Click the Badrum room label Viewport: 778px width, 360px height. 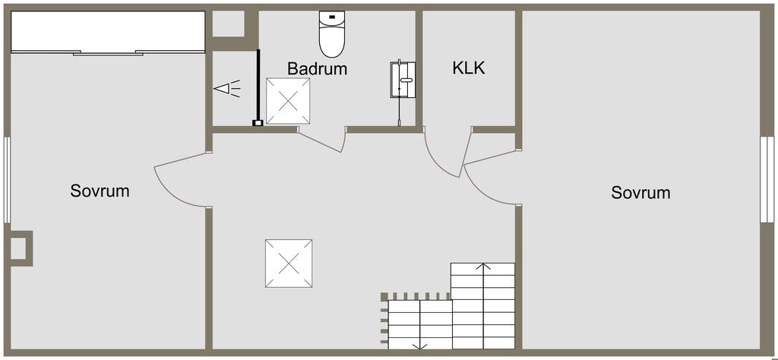317,68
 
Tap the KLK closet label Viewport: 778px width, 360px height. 468,68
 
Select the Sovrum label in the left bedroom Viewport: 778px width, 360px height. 100,191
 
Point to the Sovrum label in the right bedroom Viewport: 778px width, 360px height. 640,193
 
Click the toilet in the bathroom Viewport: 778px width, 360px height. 332,35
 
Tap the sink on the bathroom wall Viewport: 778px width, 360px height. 403,80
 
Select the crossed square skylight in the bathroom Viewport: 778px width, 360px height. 288,101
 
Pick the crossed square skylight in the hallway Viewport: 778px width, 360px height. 289,263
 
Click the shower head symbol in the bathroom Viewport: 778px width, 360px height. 228,89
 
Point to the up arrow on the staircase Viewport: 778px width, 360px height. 483,267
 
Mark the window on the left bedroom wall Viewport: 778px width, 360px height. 7,179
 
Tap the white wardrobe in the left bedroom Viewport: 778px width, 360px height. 109,33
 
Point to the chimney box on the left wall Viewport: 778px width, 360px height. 20,248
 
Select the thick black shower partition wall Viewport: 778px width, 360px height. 258,86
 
